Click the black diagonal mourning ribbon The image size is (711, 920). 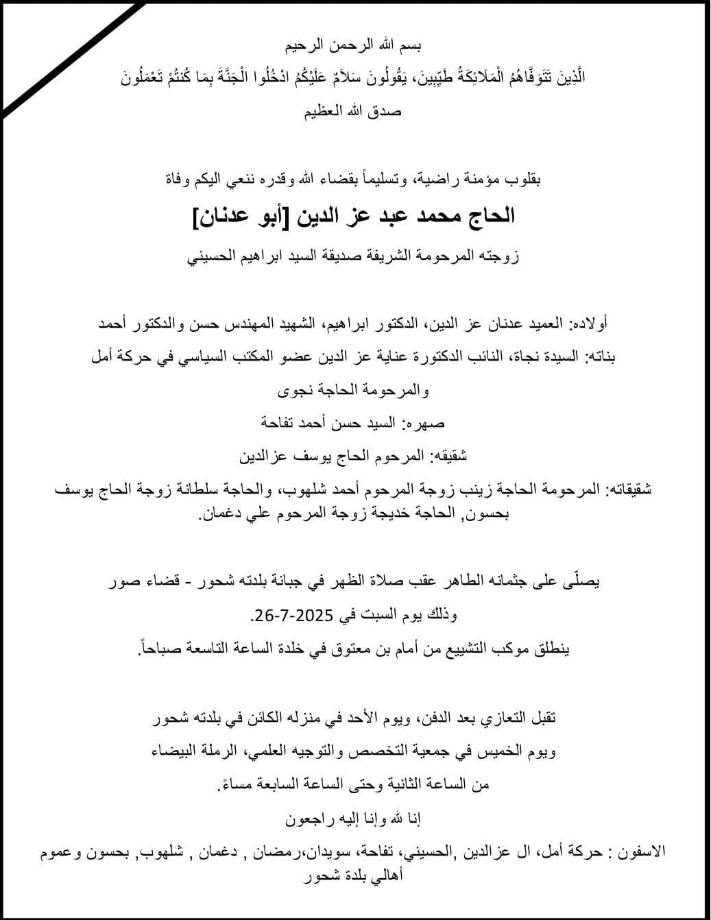click(72, 58)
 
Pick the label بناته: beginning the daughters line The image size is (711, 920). click(600, 356)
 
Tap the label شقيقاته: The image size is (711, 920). click(628, 489)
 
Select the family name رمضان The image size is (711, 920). click(274, 851)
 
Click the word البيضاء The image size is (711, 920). click(176, 751)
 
